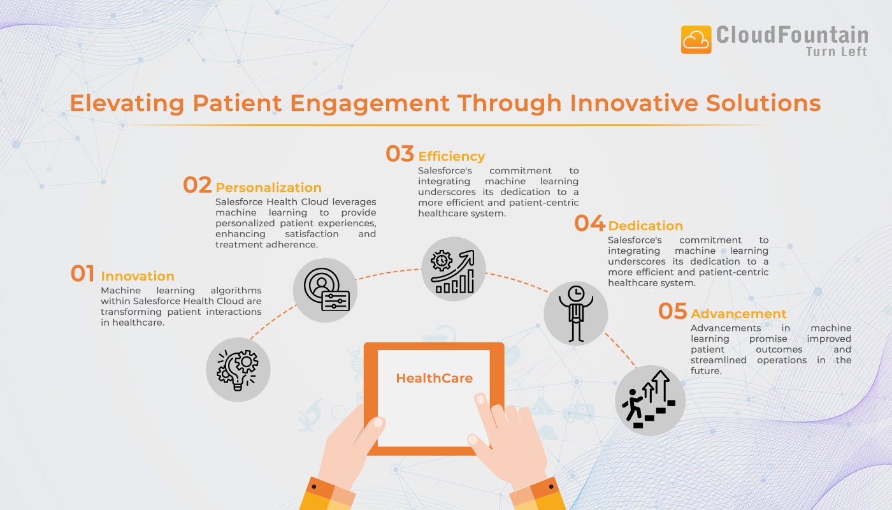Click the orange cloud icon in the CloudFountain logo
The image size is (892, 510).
point(696,40)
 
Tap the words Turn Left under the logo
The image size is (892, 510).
point(837,52)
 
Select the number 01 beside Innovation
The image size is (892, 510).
point(83,273)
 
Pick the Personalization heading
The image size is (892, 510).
point(268,187)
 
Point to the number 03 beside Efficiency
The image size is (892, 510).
point(399,154)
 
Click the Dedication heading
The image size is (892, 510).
point(645,226)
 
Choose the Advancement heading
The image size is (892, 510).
point(738,314)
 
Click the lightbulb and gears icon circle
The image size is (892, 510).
point(238,370)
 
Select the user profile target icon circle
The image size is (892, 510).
point(325,290)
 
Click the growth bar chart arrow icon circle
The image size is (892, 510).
point(454,269)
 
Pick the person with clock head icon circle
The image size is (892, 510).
point(576,314)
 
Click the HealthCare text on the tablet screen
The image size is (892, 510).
point(435,379)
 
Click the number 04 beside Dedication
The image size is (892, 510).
point(589,223)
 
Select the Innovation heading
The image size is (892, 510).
point(138,276)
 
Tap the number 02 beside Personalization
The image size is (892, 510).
point(197,185)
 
